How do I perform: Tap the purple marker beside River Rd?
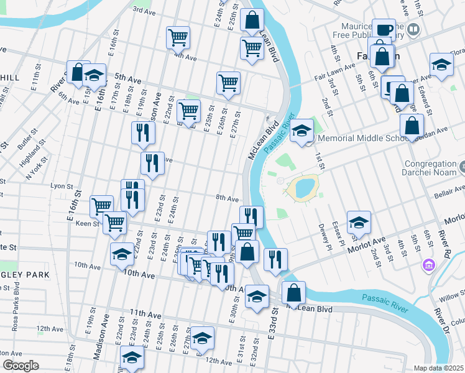pos(428,266)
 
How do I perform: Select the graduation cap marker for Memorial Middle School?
pos(302,131)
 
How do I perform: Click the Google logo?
pos(21,366)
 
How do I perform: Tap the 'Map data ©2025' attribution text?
pos(438,368)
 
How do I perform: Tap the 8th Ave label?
pos(227,198)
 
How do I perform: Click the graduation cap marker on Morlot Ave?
pos(359,223)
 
